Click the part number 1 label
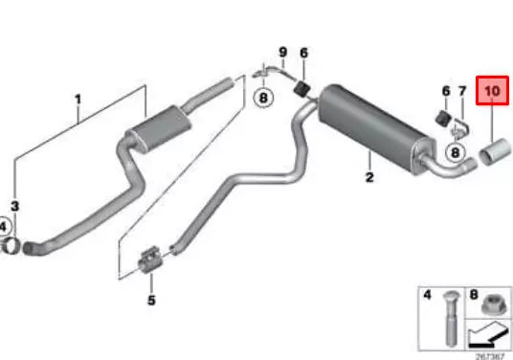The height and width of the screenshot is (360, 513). click(x=78, y=98)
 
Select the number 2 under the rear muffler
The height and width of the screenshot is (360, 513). click(x=368, y=178)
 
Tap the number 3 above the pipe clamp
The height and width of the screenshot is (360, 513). click(x=14, y=205)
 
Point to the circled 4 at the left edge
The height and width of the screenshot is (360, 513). click(x=4, y=227)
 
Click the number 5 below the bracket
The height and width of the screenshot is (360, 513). click(x=150, y=300)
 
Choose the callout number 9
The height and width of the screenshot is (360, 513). click(x=282, y=51)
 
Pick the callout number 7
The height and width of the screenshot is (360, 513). click(x=461, y=92)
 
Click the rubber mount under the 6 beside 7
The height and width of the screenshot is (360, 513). click(x=443, y=119)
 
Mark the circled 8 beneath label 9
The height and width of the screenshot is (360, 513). click(x=263, y=97)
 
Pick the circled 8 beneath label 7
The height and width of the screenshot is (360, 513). click(x=456, y=150)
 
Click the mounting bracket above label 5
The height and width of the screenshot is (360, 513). click(x=151, y=258)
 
